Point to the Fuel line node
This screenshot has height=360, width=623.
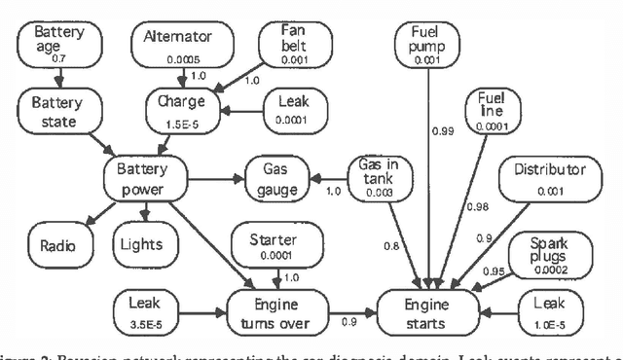491,110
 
